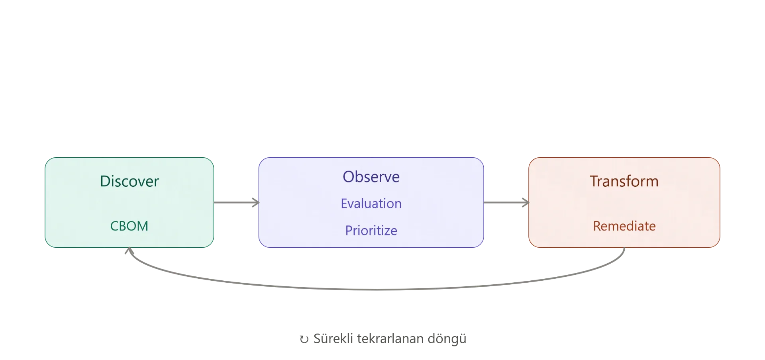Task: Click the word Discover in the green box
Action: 129,181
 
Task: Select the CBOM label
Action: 129,226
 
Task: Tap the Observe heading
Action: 371,177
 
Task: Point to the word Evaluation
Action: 371,203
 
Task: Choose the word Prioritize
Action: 371,231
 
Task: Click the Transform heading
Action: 624,181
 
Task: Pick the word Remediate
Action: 624,226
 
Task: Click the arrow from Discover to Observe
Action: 236,202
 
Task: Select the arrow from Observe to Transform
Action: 506,202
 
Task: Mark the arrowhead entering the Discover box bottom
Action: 129,250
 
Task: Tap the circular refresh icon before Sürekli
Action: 304,339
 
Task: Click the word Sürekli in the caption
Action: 333,338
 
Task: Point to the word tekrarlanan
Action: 390,338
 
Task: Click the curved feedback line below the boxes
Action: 377,290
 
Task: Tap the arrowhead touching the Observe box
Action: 256,202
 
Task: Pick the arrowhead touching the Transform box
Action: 526,202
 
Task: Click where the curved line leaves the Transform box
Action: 624,248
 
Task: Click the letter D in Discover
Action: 105,181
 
